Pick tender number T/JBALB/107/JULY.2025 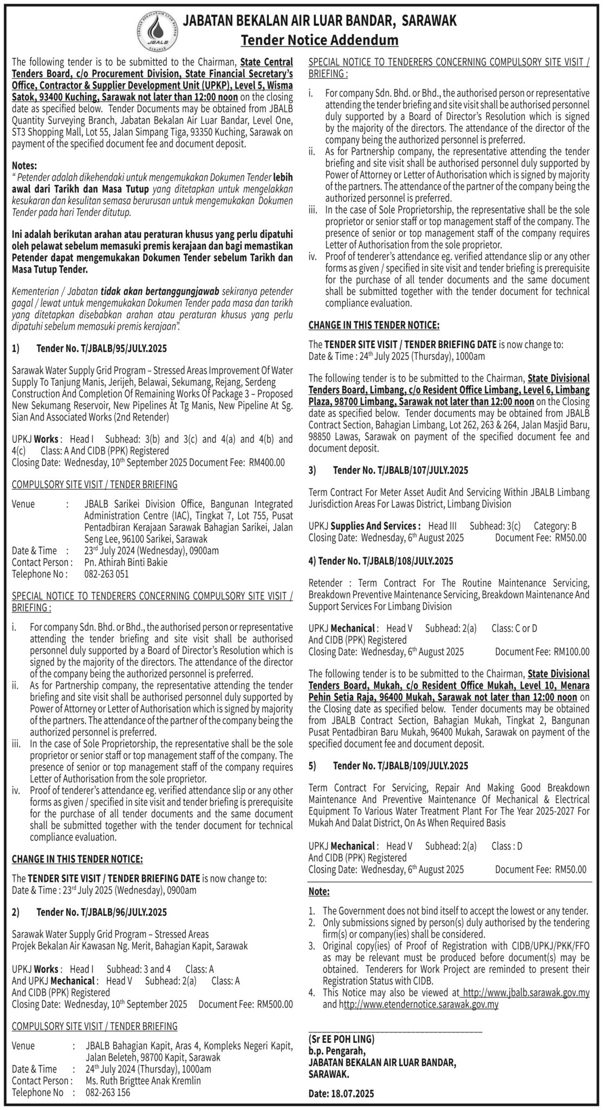[401, 470]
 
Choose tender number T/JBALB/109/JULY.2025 [401, 766]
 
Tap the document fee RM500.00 [275, 1004]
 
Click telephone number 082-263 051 [107, 574]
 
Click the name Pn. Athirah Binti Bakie [126, 562]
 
